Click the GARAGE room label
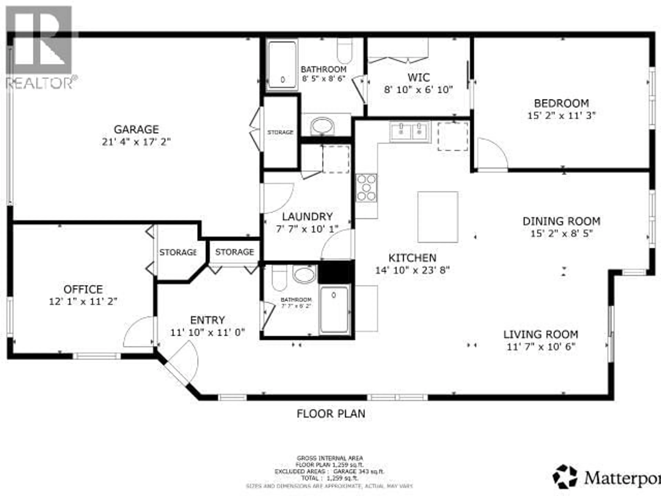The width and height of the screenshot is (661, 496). pyautogui.click(x=136, y=130)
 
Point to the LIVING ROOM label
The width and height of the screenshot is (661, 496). pyautogui.click(x=541, y=334)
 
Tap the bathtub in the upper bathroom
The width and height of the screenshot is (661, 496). pyautogui.click(x=282, y=65)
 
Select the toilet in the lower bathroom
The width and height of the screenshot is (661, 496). pyautogui.click(x=279, y=278)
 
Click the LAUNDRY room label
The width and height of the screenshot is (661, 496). pyautogui.click(x=307, y=216)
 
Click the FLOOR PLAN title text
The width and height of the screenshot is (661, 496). pyautogui.click(x=331, y=414)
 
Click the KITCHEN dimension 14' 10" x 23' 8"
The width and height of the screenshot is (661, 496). pyautogui.click(x=412, y=270)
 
